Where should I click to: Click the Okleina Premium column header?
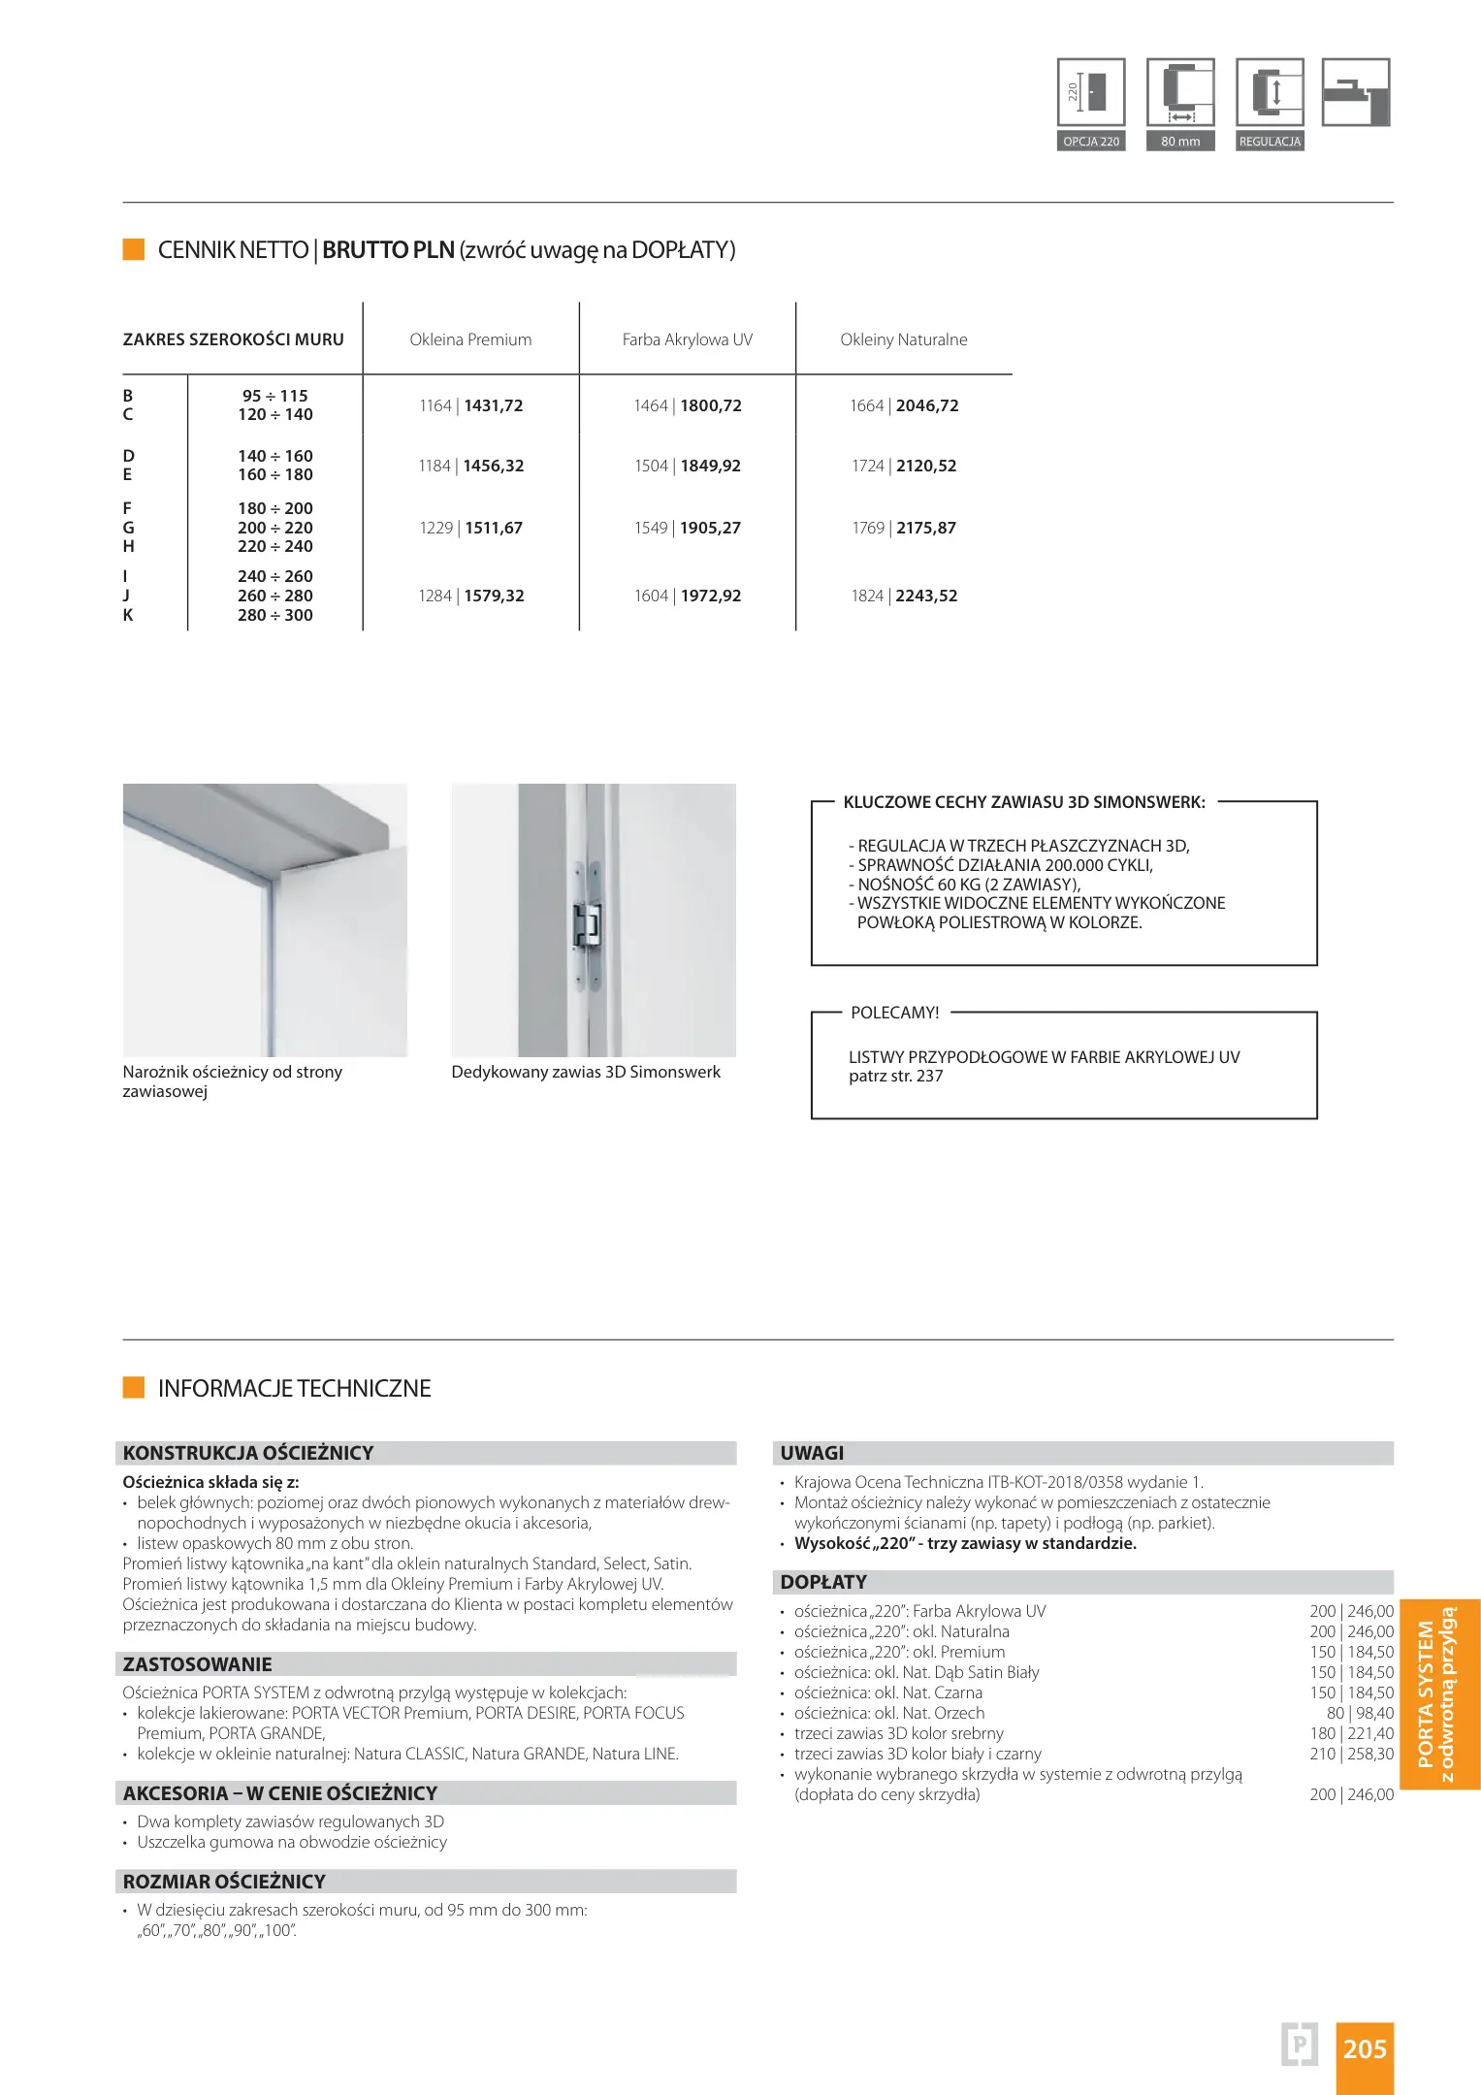(470, 339)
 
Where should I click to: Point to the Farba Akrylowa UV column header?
(687, 339)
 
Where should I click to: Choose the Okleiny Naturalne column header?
(903, 339)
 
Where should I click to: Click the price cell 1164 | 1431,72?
(470, 405)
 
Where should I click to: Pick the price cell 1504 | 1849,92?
(687, 466)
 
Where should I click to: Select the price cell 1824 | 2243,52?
(903, 596)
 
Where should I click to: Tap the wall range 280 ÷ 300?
(275, 615)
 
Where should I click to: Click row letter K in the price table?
(128, 615)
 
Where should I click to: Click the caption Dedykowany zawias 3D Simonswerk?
(586, 1072)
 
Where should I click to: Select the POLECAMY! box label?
(894, 1013)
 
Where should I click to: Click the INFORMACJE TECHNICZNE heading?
(294, 1388)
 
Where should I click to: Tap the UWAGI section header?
(812, 1453)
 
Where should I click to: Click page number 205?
(1365, 2048)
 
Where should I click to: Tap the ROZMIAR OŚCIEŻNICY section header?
(224, 1882)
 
